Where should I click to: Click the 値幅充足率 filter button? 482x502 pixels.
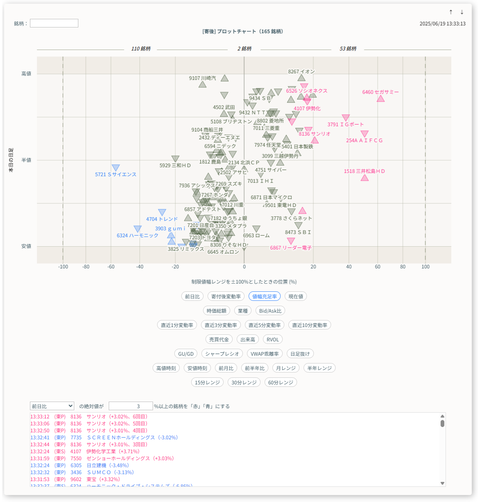(x=265, y=296)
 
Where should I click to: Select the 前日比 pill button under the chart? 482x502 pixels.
(x=192, y=296)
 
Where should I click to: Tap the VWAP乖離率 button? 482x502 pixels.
(x=265, y=354)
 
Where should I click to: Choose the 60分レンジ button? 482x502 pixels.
(x=281, y=382)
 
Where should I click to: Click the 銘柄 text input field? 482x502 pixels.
(x=54, y=23)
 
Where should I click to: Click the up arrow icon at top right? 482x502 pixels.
(x=451, y=12)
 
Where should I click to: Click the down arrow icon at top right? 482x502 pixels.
(x=462, y=12)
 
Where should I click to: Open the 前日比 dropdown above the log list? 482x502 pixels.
(x=52, y=406)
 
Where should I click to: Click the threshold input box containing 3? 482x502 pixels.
(x=131, y=406)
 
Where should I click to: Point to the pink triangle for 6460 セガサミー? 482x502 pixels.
(x=381, y=98)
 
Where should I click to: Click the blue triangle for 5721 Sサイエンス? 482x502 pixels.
(x=116, y=168)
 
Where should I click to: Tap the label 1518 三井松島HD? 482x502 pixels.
(x=364, y=171)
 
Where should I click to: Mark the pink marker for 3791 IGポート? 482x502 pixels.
(x=346, y=118)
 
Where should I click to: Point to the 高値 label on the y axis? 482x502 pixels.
(x=26, y=74)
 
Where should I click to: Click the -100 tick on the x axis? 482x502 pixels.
(x=63, y=267)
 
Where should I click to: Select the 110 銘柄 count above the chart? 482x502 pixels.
(x=141, y=49)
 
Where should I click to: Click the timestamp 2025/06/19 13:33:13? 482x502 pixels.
(x=442, y=24)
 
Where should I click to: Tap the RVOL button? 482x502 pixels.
(x=273, y=339)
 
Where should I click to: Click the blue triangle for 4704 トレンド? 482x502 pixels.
(x=162, y=212)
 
